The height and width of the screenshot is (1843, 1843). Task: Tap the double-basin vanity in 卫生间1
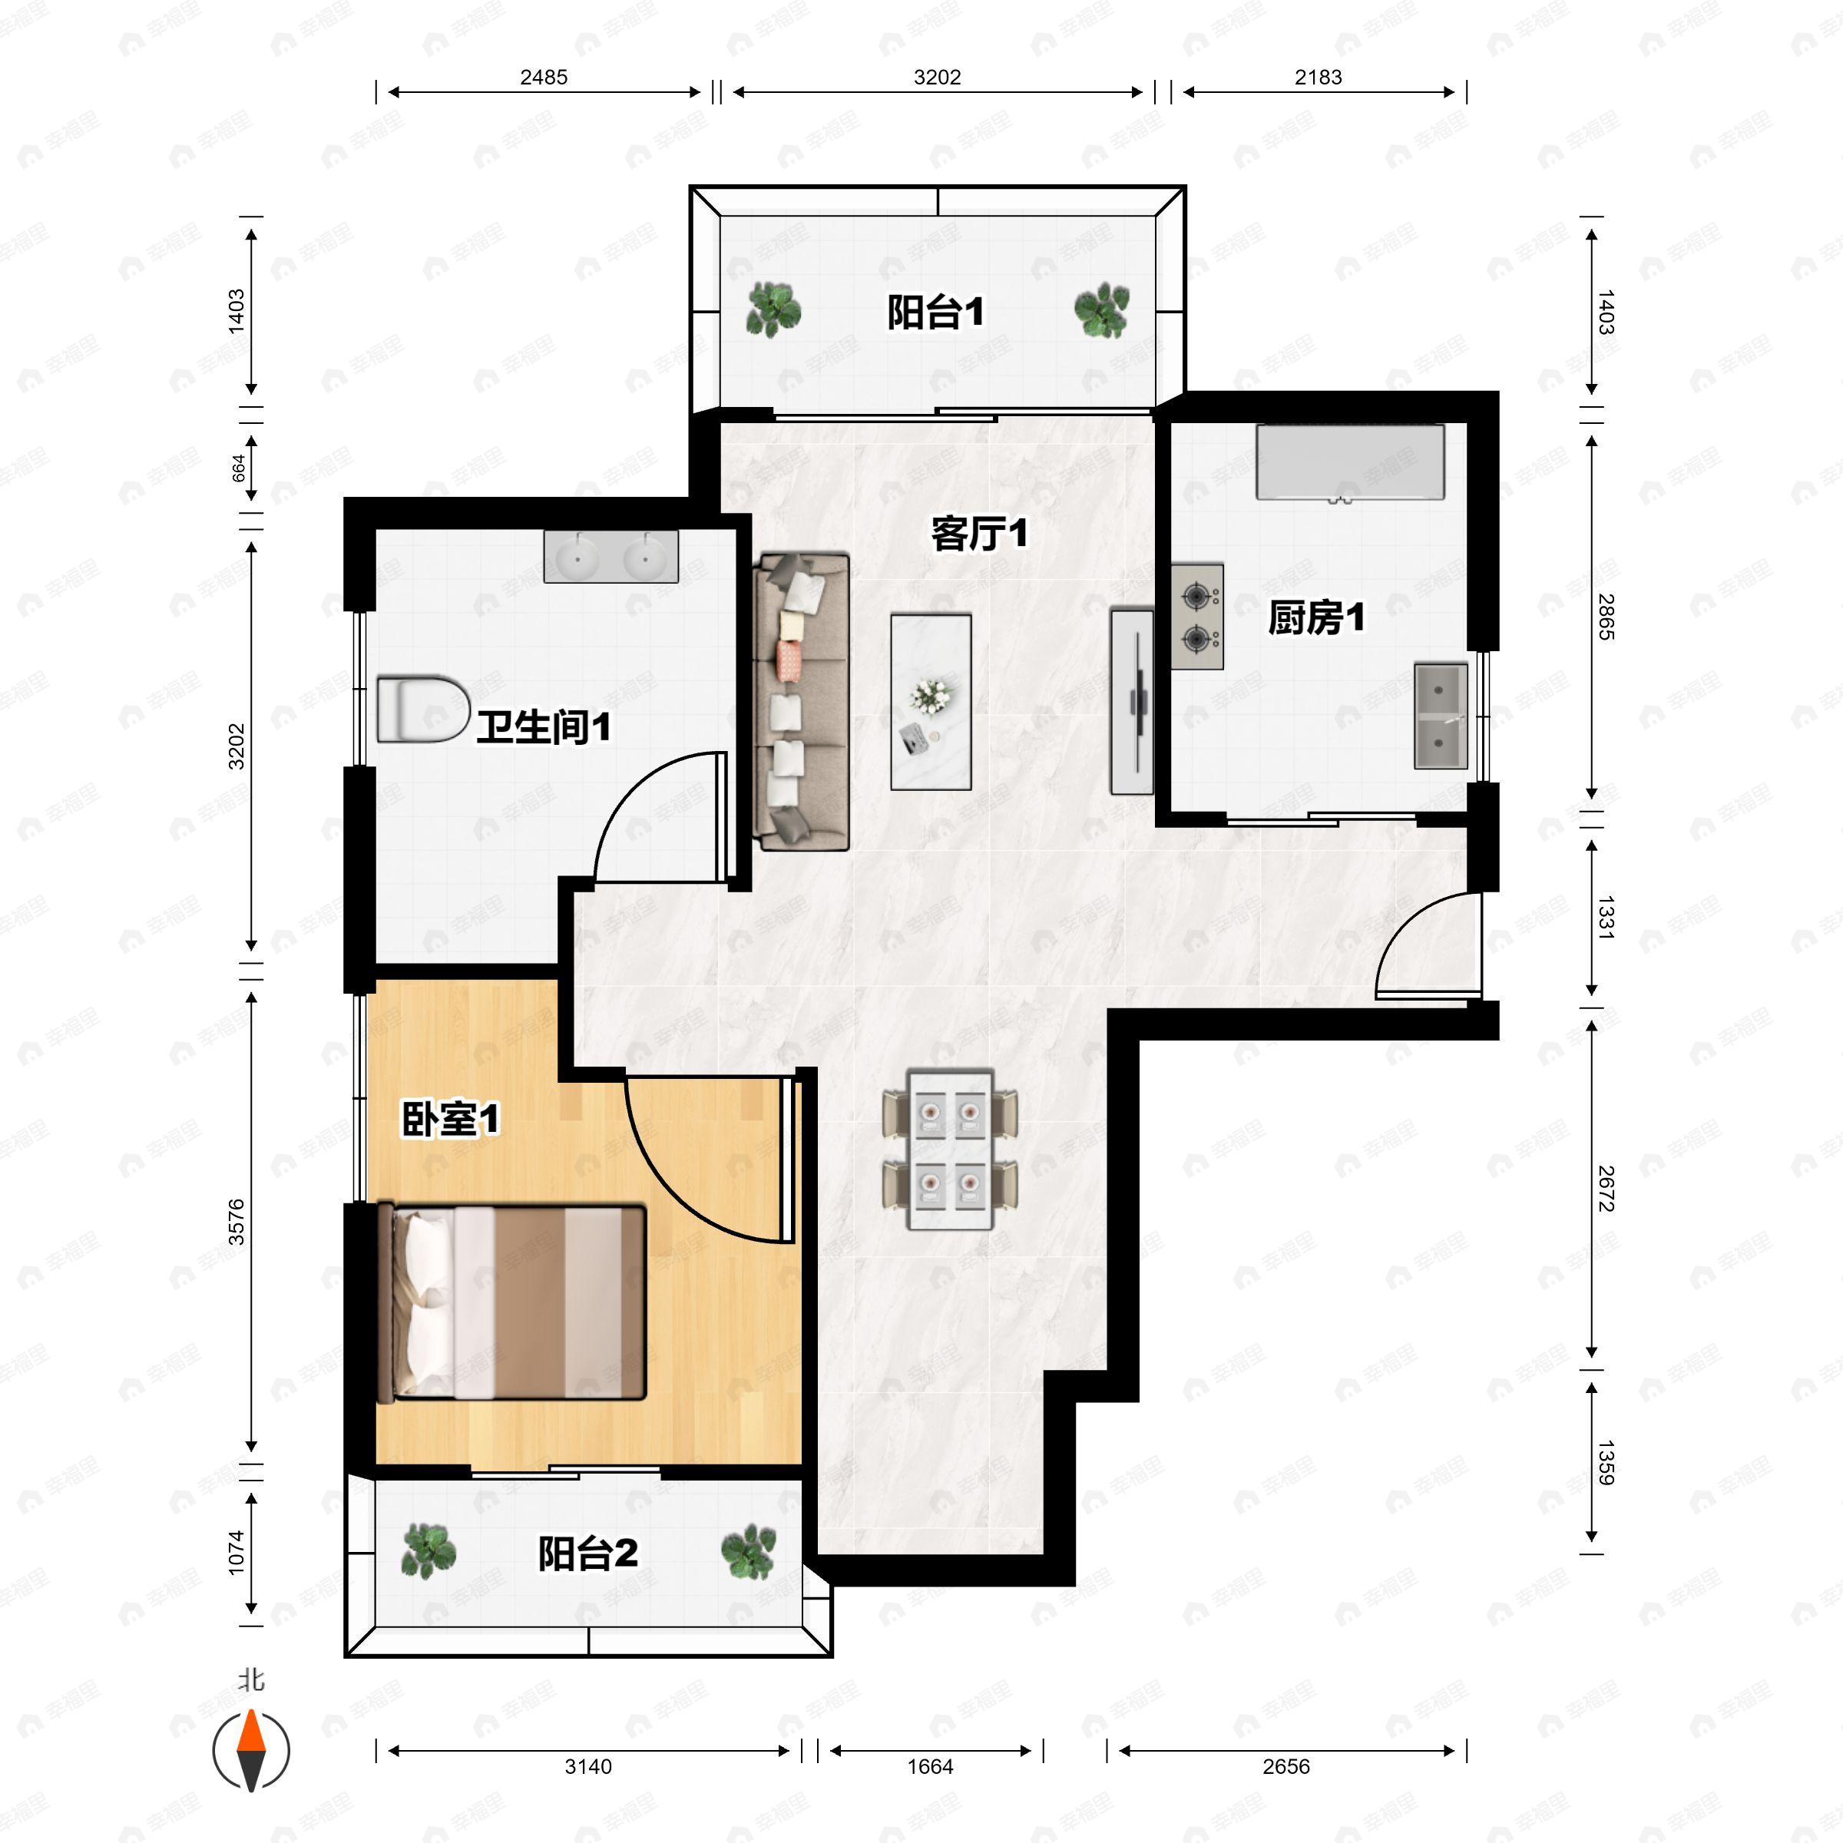tap(610, 557)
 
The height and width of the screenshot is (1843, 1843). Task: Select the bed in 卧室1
tap(512, 1304)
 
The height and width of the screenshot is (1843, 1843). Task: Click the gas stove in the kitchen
tap(1197, 616)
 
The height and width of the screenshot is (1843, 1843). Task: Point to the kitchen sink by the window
tap(1441, 716)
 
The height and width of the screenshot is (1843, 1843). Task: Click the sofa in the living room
tap(801, 702)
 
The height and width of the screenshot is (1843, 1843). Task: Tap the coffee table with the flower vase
tap(931, 702)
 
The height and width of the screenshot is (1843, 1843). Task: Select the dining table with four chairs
tap(950, 1150)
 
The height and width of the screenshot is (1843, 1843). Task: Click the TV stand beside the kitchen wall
tap(1133, 701)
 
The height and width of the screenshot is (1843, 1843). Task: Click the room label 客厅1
tap(980, 533)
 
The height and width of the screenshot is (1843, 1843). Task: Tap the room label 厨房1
tap(1315, 618)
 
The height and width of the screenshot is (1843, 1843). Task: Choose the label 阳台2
tap(587, 1554)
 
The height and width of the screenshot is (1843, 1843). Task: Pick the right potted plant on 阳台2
tap(748, 1552)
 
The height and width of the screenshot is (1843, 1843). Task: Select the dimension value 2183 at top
tap(1319, 78)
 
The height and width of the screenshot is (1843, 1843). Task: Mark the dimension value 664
tap(239, 468)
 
